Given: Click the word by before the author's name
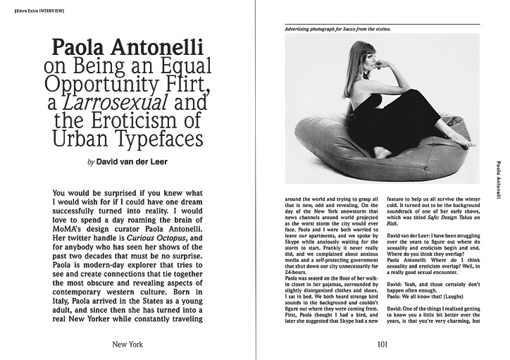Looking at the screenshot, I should (90, 161).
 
